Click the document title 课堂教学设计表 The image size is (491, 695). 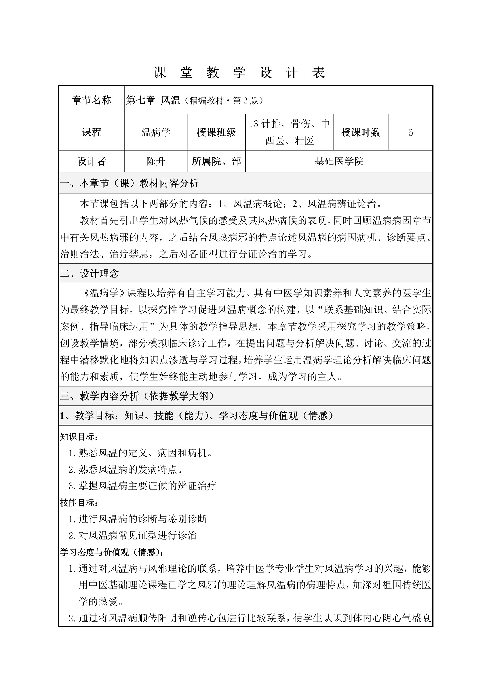pos(239,73)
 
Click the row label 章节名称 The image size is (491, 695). pos(91,100)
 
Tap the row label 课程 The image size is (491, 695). pos(91,132)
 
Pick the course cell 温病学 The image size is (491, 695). pos(156,132)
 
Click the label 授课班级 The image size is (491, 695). pos(216,132)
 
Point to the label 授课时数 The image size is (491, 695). pos(360,132)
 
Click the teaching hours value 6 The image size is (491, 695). pos(410,132)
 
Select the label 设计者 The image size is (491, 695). pos(91,161)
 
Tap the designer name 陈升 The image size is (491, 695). pos(156,161)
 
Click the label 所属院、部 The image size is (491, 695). pos(216,161)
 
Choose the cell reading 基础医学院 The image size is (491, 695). pos(339,161)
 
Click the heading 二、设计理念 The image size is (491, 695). pos(89,273)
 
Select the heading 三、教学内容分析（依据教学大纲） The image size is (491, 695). pos(137,396)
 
